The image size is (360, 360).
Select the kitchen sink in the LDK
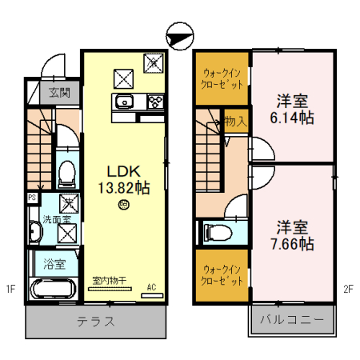tap(126, 102)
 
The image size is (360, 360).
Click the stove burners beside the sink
tap(154, 102)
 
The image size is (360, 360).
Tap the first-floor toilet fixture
tap(68, 171)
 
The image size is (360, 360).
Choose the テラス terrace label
tap(95, 322)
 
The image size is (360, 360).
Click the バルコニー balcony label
tap(291, 322)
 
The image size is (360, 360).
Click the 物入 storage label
tap(234, 122)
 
